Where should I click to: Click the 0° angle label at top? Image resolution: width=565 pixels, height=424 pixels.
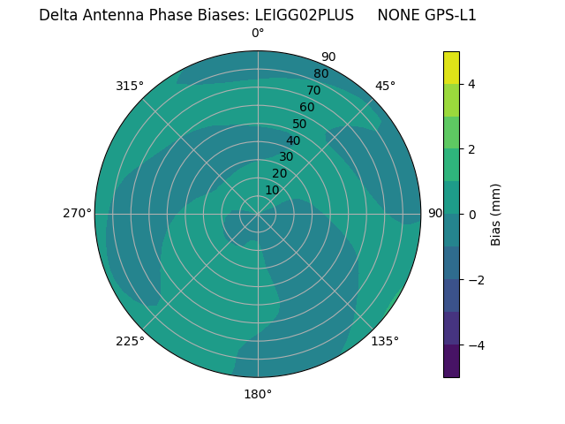pos(258,34)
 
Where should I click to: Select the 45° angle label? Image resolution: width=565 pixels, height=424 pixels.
pos(385,86)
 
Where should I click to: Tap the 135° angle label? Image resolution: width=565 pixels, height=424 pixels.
pos(385,341)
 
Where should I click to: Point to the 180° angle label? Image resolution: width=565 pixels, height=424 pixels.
pos(258,394)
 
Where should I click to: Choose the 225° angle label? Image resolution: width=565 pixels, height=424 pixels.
pos(130,341)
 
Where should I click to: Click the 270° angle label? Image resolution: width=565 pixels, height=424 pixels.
pos(77,213)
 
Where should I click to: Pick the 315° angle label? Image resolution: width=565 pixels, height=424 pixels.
pos(130,86)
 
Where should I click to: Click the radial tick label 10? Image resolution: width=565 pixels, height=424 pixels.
pos(272,190)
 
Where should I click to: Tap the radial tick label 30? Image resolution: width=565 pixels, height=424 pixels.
pos(286,157)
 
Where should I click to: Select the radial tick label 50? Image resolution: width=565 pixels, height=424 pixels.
pos(300,125)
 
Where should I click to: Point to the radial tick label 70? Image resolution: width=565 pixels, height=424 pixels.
pos(313,90)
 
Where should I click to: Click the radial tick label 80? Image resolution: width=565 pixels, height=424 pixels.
pos(320,74)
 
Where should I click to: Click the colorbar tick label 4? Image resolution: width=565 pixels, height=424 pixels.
pos(471,84)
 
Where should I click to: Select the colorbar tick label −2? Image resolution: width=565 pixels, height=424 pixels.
pos(475,280)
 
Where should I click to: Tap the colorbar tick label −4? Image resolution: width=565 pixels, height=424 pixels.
pos(475,345)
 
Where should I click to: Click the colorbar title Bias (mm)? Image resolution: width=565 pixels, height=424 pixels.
pos(496,215)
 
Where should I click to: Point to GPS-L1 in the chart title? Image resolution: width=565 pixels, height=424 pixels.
pos(448,16)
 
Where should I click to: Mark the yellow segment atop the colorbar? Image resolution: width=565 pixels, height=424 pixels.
pos(451,67)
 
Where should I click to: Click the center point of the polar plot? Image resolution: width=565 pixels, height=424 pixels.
pos(258,214)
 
